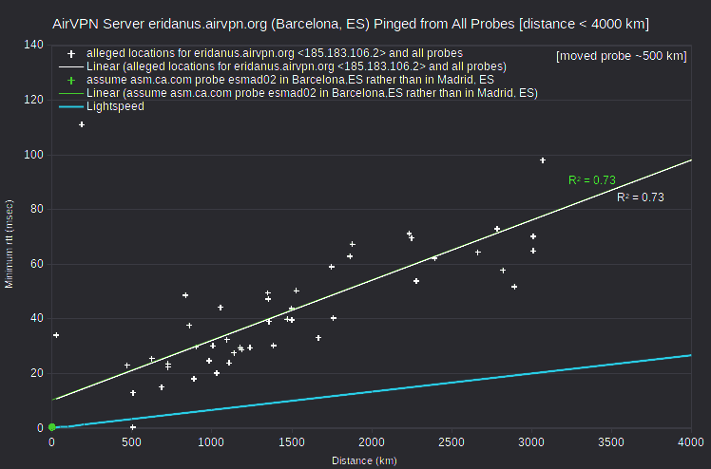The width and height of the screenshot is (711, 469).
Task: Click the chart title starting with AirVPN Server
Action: (351, 24)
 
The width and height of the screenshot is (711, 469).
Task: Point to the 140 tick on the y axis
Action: (34, 45)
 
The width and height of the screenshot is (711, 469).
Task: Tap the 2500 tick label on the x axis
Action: (451, 441)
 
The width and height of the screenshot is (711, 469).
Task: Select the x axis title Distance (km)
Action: (364, 460)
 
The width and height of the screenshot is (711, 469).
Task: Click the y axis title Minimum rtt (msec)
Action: (10, 244)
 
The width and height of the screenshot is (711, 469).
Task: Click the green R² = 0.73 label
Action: (592, 180)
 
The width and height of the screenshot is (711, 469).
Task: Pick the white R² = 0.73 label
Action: (641, 197)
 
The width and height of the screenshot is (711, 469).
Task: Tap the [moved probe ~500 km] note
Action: (622, 56)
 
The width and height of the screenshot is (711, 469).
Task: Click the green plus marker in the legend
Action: (71, 81)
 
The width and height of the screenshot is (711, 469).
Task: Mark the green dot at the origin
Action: (51, 427)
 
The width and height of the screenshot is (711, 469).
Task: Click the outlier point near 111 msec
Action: (82, 124)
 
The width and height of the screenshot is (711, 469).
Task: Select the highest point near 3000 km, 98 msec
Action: (543, 160)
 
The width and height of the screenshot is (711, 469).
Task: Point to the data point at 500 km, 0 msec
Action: (133, 427)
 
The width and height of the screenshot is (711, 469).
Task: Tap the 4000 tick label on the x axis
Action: (691, 441)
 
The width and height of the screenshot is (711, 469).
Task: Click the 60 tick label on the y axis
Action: (37, 264)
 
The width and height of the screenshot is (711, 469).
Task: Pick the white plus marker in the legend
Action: (71, 54)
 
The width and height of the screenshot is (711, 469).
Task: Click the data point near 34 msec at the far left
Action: (56, 335)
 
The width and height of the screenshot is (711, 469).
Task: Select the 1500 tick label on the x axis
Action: (291, 441)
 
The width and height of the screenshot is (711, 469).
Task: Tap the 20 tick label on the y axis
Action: (37, 373)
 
